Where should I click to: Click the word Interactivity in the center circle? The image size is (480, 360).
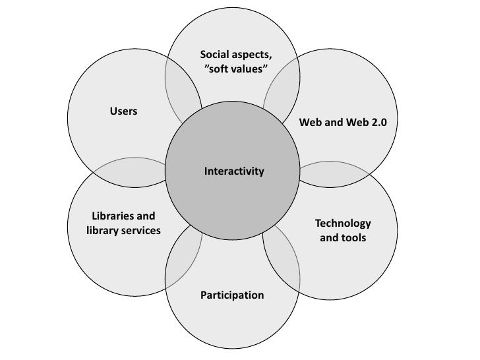click(233, 171)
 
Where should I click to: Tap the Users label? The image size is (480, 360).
click(123, 111)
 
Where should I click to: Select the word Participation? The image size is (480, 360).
click(232, 295)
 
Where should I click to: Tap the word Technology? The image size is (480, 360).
click(343, 223)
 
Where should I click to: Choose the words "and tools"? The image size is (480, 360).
click(343, 237)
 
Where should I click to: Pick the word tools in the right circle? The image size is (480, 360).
click(353, 237)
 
